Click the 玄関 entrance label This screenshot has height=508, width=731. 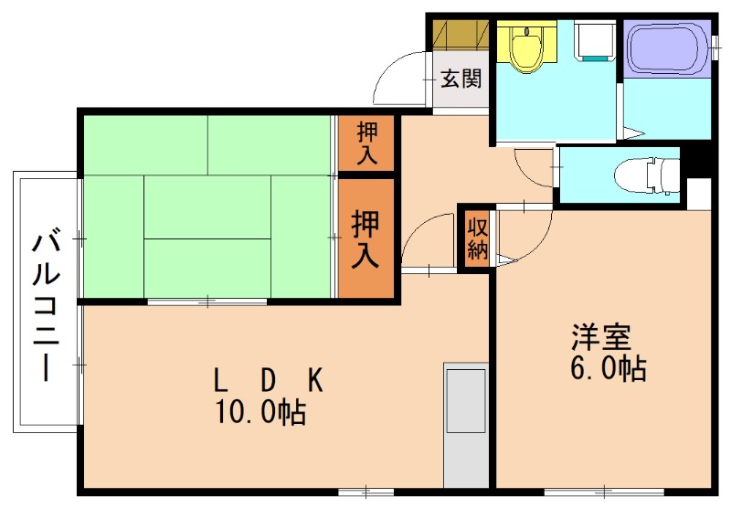(461, 79)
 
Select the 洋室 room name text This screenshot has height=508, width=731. (600, 337)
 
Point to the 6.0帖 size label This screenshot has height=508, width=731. (609, 368)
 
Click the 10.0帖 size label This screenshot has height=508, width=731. (260, 413)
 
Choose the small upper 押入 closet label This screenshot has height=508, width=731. (366, 143)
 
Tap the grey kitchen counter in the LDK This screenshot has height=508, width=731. (466, 425)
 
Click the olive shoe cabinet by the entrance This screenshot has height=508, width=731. (461, 34)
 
